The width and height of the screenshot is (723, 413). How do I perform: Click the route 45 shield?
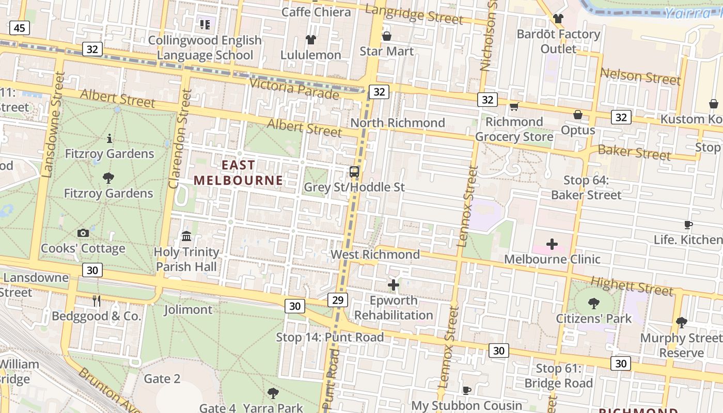(19, 28)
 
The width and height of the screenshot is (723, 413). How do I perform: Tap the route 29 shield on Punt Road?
(338, 299)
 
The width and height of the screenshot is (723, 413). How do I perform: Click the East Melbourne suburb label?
(238, 172)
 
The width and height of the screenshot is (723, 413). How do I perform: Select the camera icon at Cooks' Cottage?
(83, 233)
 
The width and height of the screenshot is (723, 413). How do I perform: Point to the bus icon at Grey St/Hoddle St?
(354, 172)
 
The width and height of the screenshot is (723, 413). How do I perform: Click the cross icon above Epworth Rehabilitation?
(394, 284)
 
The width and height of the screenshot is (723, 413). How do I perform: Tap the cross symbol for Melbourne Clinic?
(552, 244)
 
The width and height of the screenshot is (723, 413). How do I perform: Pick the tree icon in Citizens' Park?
(593, 303)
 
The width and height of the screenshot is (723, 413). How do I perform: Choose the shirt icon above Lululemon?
(310, 39)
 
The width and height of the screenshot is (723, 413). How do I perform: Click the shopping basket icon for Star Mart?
(386, 36)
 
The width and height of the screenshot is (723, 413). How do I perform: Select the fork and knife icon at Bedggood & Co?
(97, 301)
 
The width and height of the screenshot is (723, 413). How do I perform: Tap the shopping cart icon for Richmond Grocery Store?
(514, 107)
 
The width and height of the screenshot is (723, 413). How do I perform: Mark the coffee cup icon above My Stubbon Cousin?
(467, 390)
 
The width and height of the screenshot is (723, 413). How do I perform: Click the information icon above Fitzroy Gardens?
(109, 138)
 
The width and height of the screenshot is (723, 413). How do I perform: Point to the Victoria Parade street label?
(294, 90)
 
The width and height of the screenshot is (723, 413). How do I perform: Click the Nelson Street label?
(640, 76)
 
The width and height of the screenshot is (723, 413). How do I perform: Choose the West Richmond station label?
(375, 255)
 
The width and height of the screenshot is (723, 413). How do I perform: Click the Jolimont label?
(188, 310)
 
